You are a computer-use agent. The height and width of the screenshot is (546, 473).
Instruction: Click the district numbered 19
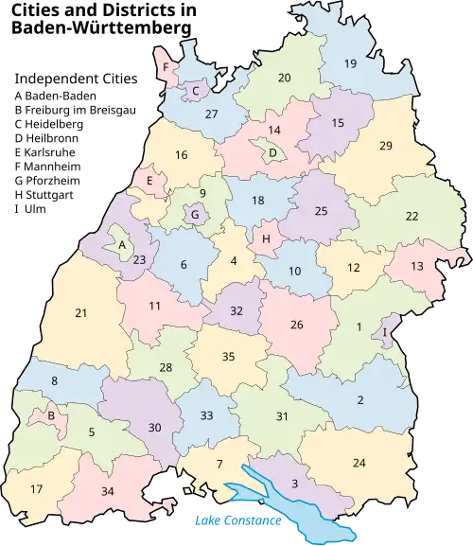[x=350, y=64]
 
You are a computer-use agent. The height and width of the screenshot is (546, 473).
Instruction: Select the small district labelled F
[x=166, y=68]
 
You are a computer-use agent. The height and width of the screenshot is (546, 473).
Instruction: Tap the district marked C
[x=195, y=91]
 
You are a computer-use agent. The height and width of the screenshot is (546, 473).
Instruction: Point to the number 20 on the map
[x=284, y=78]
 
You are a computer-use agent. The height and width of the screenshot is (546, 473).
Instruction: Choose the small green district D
[x=272, y=152]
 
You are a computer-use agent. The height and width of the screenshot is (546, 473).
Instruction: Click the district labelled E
[x=149, y=180]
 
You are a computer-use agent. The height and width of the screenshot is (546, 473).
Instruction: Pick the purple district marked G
[x=195, y=215]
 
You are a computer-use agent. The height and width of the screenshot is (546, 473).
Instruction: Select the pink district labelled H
[x=266, y=239]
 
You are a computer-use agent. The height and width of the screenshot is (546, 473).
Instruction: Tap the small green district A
[x=122, y=244]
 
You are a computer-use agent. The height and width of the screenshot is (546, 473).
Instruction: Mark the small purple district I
[x=385, y=331]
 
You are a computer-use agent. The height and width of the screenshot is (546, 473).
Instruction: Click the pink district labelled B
[x=50, y=414]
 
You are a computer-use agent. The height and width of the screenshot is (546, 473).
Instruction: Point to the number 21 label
[x=81, y=313]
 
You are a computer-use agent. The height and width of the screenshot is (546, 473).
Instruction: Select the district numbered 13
[x=417, y=267]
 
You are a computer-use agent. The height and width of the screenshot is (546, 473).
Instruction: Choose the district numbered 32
[x=236, y=310]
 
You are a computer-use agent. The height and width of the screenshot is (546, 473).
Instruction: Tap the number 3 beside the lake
[x=294, y=484]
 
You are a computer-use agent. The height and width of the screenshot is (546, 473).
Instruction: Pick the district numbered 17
[x=37, y=489]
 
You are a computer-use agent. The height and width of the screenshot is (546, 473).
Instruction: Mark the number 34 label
[x=107, y=490]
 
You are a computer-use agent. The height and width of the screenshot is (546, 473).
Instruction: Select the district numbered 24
[x=359, y=463]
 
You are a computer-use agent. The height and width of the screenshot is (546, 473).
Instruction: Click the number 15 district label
[x=338, y=124]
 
